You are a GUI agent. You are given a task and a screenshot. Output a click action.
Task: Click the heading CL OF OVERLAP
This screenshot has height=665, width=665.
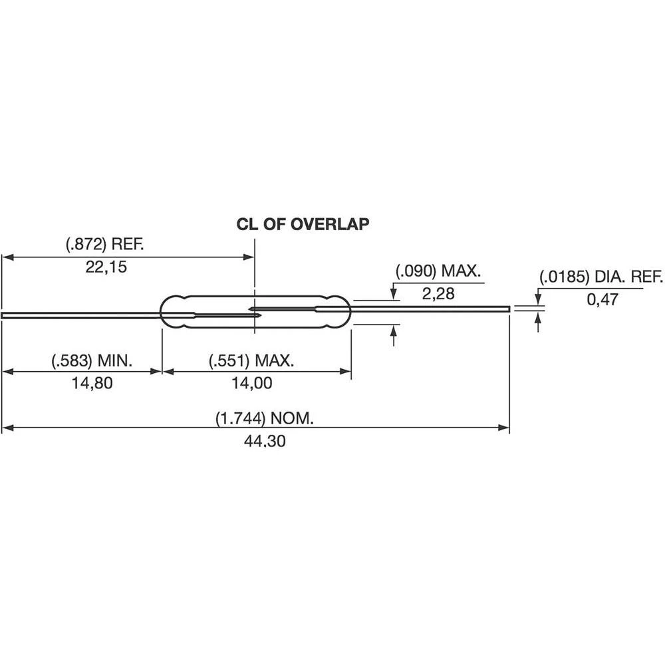click(303, 224)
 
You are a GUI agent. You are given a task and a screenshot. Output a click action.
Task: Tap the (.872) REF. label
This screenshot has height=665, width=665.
click(105, 245)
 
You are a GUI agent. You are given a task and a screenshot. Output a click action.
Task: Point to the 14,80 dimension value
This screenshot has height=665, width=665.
click(92, 384)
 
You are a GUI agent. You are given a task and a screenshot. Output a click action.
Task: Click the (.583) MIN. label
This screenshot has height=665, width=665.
click(92, 361)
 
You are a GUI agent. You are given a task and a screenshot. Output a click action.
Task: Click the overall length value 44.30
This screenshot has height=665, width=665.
click(264, 442)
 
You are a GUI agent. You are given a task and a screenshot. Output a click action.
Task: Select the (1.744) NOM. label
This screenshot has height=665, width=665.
click(264, 419)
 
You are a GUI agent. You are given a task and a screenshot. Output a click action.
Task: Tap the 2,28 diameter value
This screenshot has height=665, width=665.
click(438, 294)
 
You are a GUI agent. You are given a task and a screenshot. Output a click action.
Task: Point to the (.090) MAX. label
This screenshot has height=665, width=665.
click(438, 271)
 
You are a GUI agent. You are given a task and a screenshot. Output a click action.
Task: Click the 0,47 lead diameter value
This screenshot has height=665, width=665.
click(602, 299)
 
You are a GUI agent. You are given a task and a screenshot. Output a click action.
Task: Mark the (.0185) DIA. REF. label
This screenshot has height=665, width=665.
click(600, 277)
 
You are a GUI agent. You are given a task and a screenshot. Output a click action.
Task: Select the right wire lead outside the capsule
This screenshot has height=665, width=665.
click(432, 309)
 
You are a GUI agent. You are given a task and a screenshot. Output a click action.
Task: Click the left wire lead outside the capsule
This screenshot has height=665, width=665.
click(80, 315)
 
